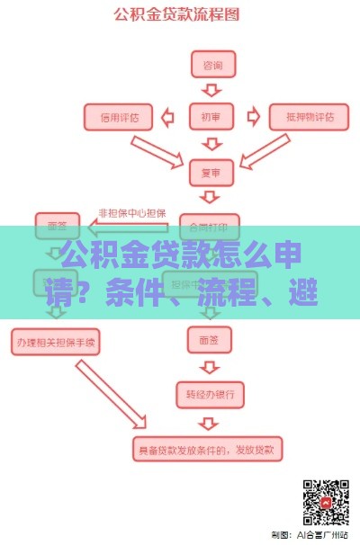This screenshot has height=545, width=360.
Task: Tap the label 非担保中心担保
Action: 131,213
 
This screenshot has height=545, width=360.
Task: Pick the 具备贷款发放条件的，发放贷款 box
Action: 212,445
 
